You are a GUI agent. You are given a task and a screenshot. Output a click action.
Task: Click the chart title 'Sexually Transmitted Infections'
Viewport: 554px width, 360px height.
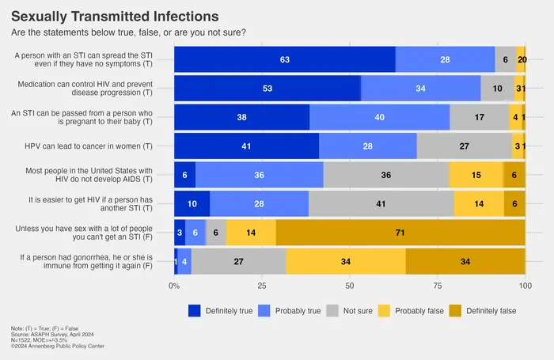(x=115, y=16)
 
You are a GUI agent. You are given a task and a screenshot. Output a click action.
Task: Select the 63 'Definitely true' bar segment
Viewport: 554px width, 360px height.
(x=285, y=60)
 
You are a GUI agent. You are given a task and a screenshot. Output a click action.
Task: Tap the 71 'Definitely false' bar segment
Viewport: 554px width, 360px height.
(x=400, y=232)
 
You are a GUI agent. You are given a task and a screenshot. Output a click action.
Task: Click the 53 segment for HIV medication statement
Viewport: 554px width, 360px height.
(x=268, y=89)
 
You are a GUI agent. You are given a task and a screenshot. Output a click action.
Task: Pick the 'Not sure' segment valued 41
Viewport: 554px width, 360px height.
(x=381, y=203)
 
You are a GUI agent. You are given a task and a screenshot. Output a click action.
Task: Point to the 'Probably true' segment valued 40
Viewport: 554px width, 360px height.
(x=379, y=117)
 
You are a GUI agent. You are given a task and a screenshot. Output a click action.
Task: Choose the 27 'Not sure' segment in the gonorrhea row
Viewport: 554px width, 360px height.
(x=238, y=260)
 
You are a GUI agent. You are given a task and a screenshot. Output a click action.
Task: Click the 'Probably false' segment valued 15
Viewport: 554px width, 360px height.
(x=476, y=175)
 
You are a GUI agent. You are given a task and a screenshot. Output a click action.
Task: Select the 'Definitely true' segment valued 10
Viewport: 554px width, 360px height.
(x=192, y=203)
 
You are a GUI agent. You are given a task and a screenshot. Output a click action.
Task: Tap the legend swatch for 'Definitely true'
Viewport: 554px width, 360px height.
(x=195, y=310)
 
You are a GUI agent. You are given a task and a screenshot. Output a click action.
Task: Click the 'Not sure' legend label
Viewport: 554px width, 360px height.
(x=359, y=311)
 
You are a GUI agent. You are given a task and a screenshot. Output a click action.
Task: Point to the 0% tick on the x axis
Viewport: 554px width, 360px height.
(x=175, y=284)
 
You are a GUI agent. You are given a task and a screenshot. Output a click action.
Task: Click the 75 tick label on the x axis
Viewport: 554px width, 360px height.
(x=437, y=284)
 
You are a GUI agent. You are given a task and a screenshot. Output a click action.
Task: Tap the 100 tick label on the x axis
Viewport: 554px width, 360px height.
(x=525, y=284)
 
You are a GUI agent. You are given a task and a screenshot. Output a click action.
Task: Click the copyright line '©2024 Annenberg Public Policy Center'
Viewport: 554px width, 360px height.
(x=57, y=346)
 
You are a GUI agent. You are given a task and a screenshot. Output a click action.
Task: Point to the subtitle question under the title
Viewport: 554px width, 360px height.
(x=128, y=32)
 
